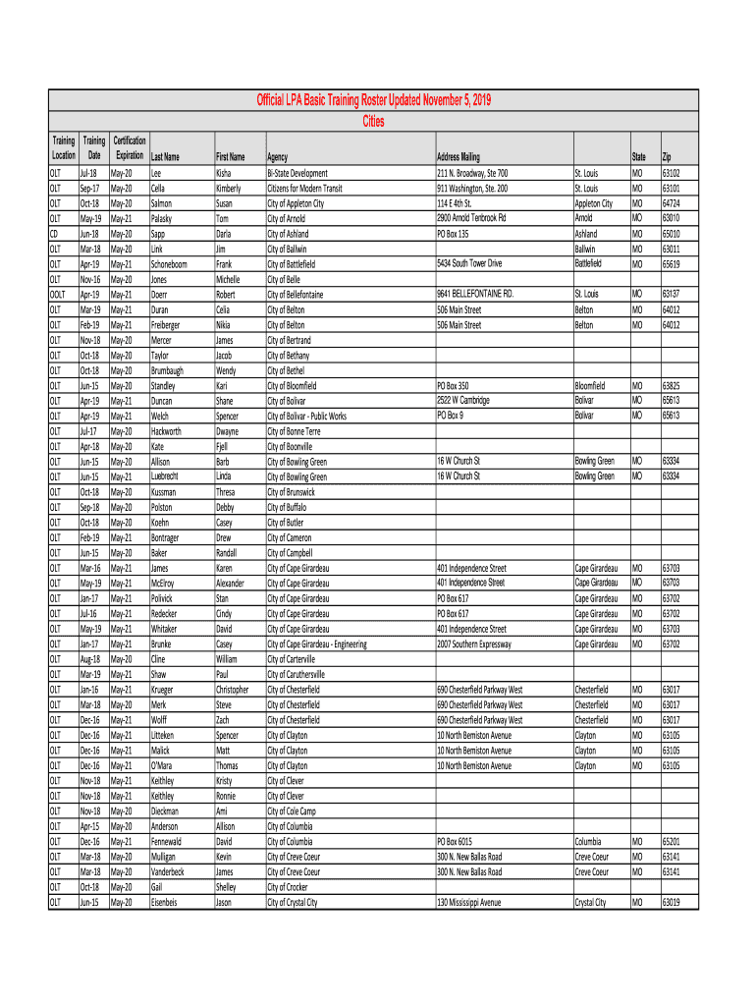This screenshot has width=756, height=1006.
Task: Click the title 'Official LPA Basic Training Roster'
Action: pyautogui.click(x=374, y=101)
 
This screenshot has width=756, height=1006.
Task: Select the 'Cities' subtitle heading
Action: pyautogui.click(x=374, y=122)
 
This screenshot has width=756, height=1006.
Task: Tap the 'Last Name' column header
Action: pyautogui.click(x=165, y=157)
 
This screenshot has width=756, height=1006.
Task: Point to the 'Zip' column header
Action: pyautogui.click(x=667, y=157)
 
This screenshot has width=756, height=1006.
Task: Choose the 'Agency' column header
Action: pyautogui.click(x=277, y=157)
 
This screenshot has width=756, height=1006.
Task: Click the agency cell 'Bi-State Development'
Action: pyautogui.click(x=297, y=173)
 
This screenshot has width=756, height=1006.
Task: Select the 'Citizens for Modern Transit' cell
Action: pyautogui.click(x=304, y=188)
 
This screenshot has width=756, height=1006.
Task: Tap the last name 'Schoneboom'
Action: pyautogui.click(x=171, y=264)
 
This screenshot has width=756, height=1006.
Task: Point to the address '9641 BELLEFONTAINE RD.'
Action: pyautogui.click(x=475, y=294)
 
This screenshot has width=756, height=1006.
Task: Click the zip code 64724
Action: pyautogui.click(x=672, y=203)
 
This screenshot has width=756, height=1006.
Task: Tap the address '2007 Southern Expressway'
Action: pyautogui.click(x=474, y=643)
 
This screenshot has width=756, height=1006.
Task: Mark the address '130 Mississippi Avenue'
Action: pyautogui.click(x=469, y=902)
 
